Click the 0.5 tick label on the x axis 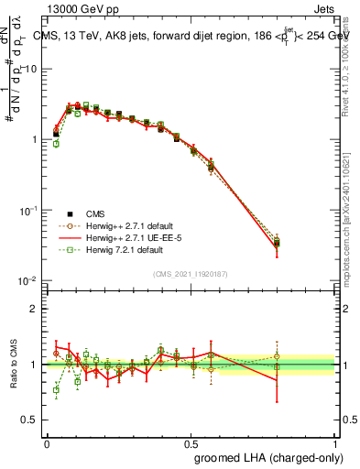click(191, 443)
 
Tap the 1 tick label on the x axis click(335, 443)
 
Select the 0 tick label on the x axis click(47, 443)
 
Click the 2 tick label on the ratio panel click(36, 309)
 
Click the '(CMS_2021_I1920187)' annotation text click(191, 273)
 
